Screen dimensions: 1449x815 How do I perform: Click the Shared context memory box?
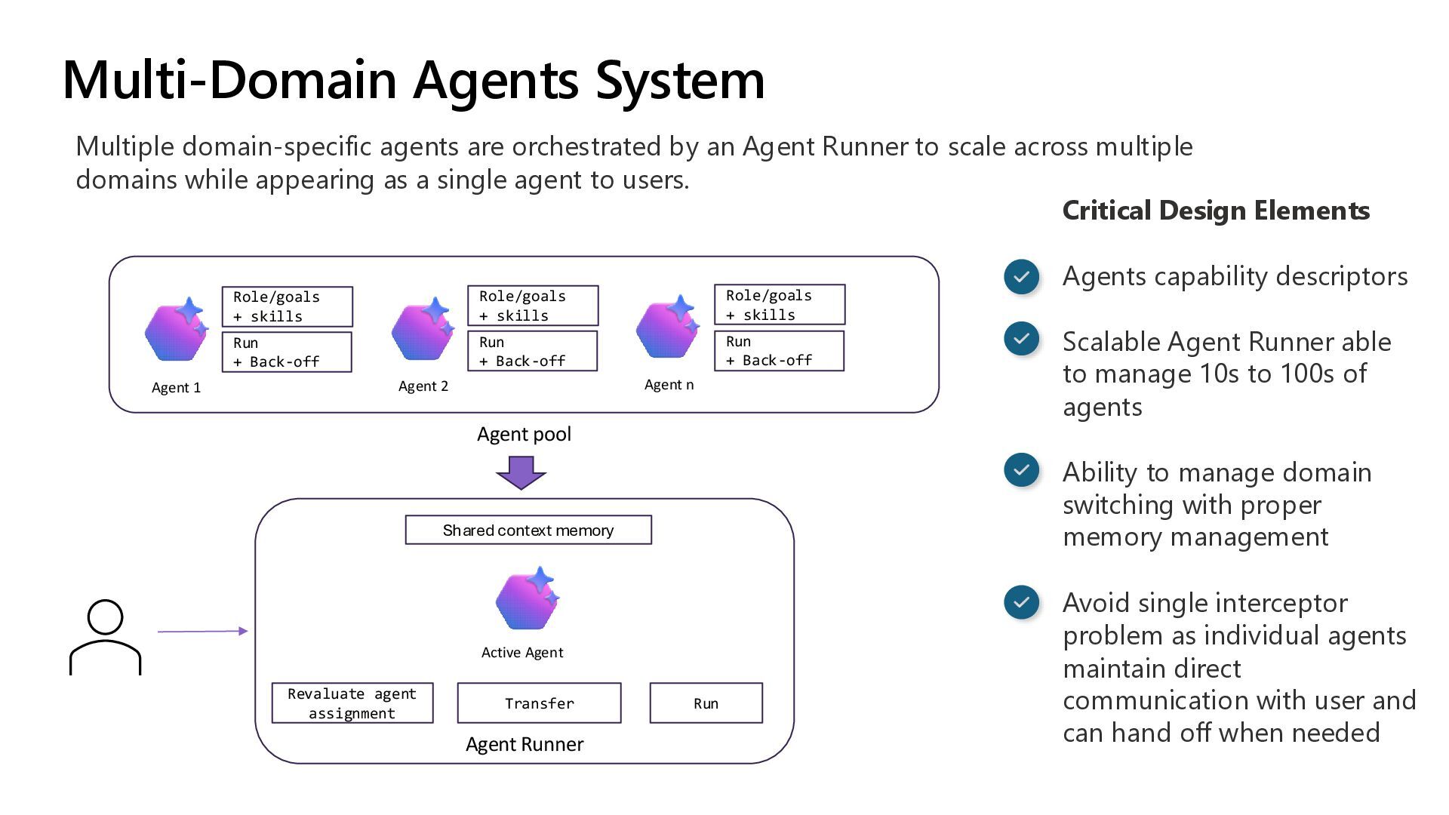pyautogui.click(x=528, y=530)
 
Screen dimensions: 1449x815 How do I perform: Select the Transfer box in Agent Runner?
pyautogui.click(x=539, y=703)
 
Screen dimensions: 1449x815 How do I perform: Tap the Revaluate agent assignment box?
pyautogui.click(x=352, y=703)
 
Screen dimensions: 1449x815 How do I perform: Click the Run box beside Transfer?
pyautogui.click(x=706, y=703)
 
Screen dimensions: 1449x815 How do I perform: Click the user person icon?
pyautogui.click(x=105, y=638)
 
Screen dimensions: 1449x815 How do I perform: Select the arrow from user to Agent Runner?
pyautogui.click(x=202, y=631)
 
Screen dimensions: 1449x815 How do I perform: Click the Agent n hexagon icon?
pyautogui.click(x=668, y=327)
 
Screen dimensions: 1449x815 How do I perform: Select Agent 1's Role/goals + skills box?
pyautogui.click(x=288, y=306)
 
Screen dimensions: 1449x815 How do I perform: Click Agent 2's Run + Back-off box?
pyautogui.click(x=533, y=351)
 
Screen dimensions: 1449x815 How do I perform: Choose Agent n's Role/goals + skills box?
pyautogui.click(x=780, y=305)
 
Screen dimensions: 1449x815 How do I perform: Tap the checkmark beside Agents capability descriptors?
pyautogui.click(x=1022, y=277)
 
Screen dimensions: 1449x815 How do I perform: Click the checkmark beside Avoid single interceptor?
pyautogui.click(x=1022, y=603)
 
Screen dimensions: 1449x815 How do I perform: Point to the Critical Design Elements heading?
pyautogui.click(x=1216, y=211)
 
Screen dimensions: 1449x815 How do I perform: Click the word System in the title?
pyautogui.click(x=680, y=80)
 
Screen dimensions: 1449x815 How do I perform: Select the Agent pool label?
pyautogui.click(x=524, y=435)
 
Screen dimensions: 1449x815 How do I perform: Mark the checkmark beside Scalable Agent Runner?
pyautogui.click(x=1022, y=339)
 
